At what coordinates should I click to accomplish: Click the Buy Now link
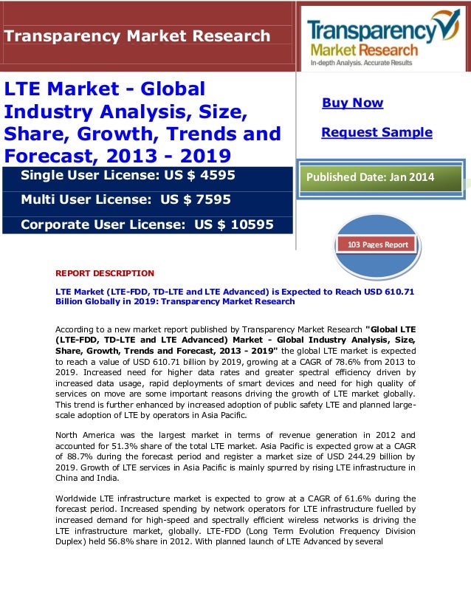(352, 103)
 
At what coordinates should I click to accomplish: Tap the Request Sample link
(377, 132)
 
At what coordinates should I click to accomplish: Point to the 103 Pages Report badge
(377, 244)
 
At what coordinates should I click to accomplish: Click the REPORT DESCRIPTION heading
(105, 273)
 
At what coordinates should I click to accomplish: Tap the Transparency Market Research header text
(137, 35)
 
